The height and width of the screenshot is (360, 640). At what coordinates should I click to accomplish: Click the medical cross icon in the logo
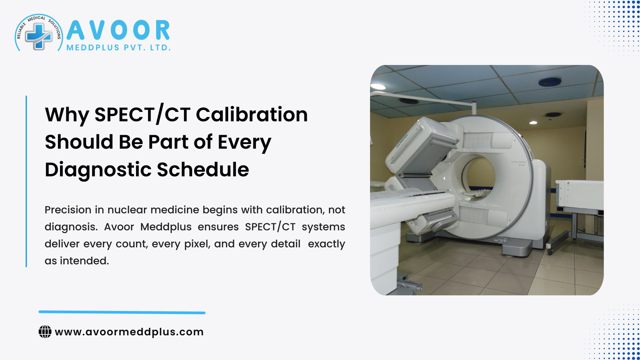pyautogui.click(x=38, y=36)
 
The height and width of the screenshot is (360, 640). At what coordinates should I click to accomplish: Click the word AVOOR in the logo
pyautogui.click(x=118, y=31)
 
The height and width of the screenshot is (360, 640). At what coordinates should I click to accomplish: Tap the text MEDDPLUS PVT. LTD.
pyautogui.click(x=118, y=48)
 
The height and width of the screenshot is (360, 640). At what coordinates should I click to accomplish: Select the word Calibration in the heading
pyautogui.click(x=252, y=115)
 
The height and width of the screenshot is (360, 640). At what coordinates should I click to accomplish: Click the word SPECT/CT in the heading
pyautogui.click(x=142, y=115)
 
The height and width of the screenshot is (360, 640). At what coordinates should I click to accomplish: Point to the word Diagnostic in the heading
pyautogui.click(x=98, y=170)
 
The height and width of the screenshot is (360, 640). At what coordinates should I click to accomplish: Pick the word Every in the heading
pyautogui.click(x=244, y=143)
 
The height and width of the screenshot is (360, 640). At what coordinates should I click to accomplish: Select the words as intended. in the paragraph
pyautogui.click(x=77, y=261)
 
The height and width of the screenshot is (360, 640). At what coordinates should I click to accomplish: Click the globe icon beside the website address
pyautogui.click(x=45, y=332)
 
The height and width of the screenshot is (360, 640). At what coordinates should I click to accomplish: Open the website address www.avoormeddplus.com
pyautogui.click(x=129, y=332)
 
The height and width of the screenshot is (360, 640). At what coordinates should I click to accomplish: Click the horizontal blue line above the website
pyautogui.click(x=122, y=312)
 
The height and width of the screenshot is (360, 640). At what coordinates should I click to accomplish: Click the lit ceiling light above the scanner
pyautogui.click(x=533, y=122)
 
